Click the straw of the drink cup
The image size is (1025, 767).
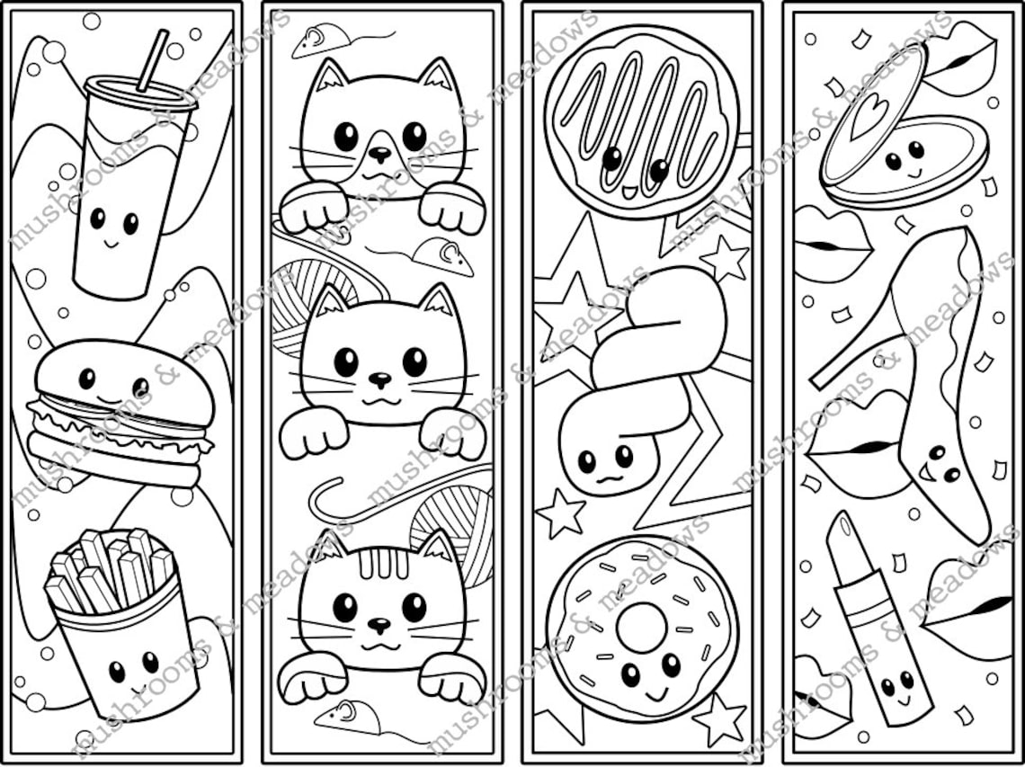(x=152, y=59)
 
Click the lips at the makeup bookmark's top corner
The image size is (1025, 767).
(x=960, y=59)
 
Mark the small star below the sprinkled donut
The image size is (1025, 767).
(x=720, y=718)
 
